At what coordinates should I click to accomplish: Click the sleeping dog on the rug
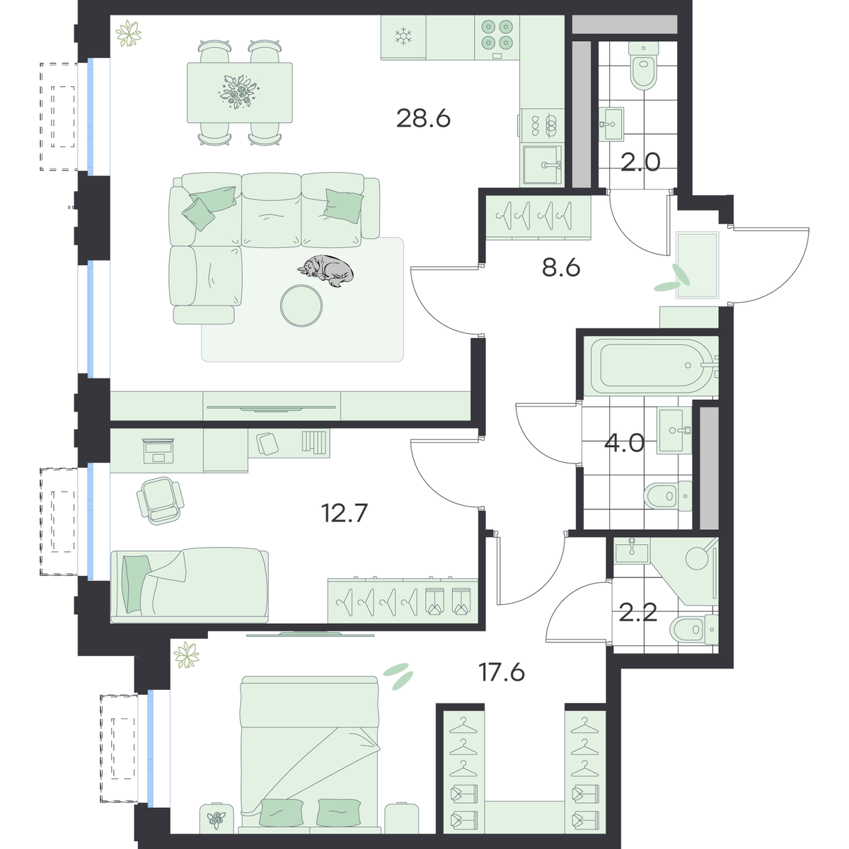[325, 270]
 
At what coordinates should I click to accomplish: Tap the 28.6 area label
[423, 119]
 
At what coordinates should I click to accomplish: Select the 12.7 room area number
[344, 513]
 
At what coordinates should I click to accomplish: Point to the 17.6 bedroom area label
[502, 673]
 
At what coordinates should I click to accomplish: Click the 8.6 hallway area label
[561, 267]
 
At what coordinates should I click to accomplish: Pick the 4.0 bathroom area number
[624, 443]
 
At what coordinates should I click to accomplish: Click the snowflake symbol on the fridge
[403, 36]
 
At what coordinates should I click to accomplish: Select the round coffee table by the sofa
[301, 306]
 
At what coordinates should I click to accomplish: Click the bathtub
[651, 366]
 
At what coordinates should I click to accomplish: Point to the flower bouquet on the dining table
[238, 92]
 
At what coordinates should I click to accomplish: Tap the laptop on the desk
[158, 451]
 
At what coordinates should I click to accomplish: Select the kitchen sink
[543, 165]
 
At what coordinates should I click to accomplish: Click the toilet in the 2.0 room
[644, 66]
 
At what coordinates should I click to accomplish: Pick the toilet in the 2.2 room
[694, 629]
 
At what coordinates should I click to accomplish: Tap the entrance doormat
[698, 266]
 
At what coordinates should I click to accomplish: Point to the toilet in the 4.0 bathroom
[667, 496]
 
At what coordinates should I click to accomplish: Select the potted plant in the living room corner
[128, 33]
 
